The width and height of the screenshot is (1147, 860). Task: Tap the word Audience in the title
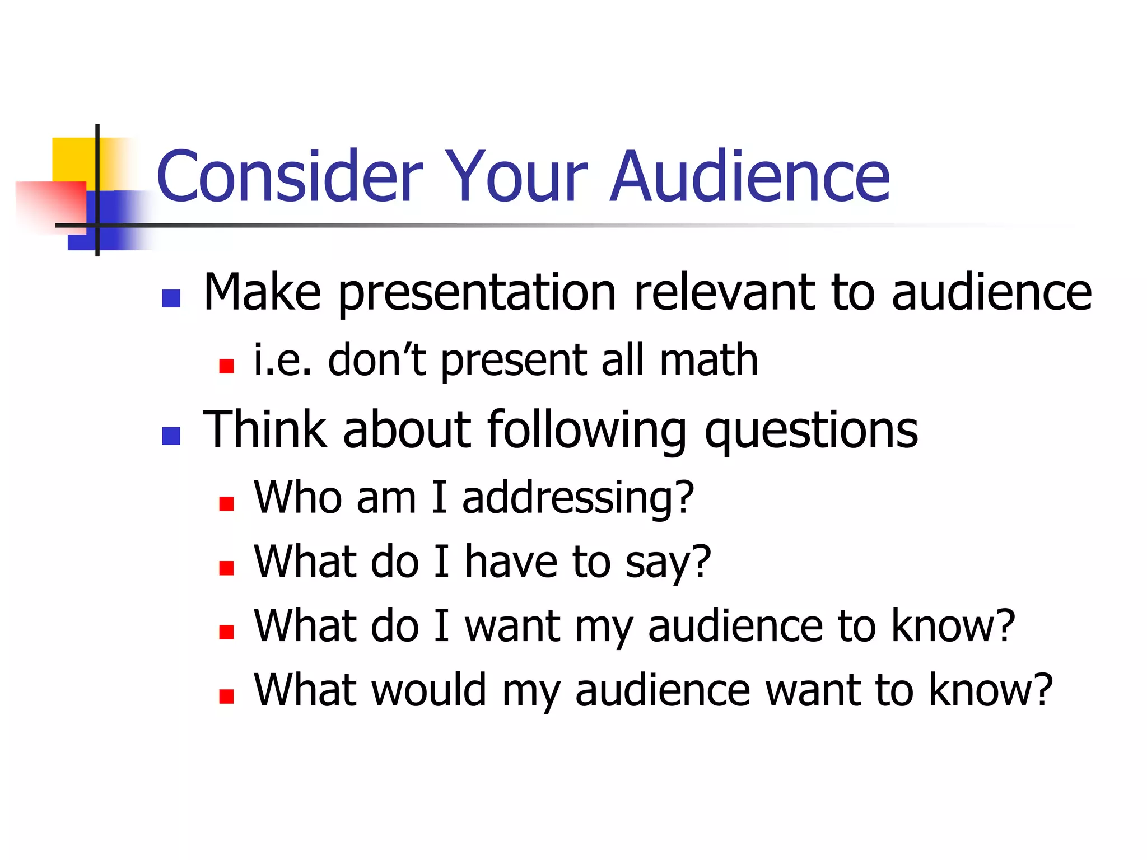[750, 176]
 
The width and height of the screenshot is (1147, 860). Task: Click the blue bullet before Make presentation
[171, 298]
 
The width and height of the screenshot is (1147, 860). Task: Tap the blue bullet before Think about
[171, 436]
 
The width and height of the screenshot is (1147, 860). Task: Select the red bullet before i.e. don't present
[226, 366]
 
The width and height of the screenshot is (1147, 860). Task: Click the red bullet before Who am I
[226, 503]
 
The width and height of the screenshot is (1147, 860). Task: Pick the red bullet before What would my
[226, 696]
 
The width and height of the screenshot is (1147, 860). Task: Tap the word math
[708, 360]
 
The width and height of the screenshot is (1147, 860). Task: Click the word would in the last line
[428, 690]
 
